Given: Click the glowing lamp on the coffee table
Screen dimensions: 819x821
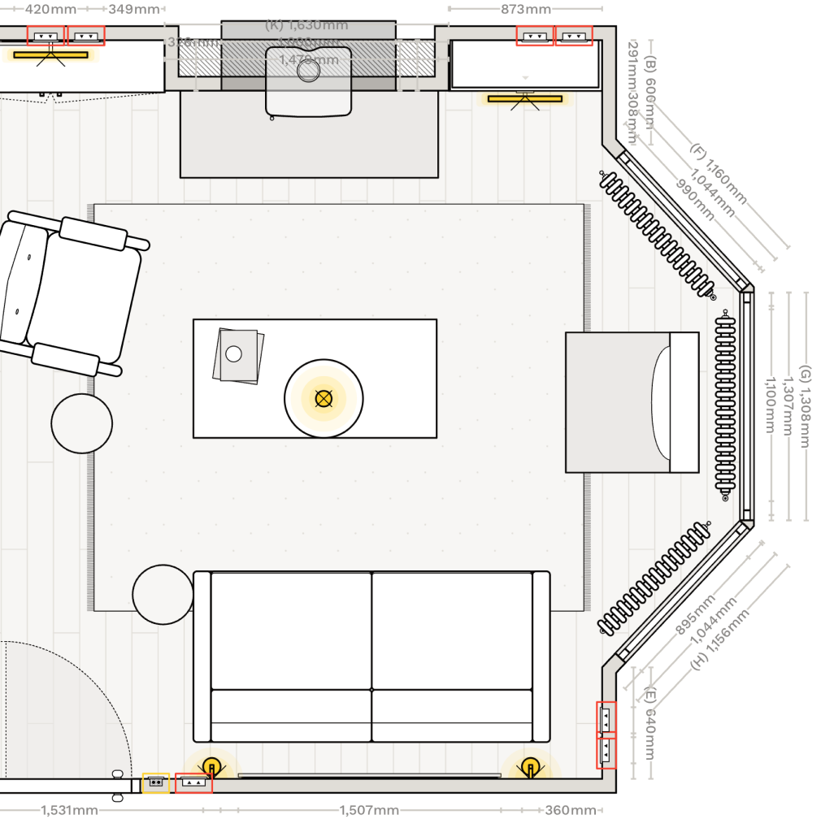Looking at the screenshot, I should click(324, 398).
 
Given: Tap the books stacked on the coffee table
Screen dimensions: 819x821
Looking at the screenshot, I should click(238, 355).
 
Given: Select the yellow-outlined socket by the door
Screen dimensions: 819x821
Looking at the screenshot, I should click(155, 783).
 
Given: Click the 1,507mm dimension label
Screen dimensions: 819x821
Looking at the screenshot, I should click(369, 810).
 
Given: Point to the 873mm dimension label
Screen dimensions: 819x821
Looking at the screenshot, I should click(525, 10).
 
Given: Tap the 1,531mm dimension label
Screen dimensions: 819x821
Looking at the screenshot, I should click(69, 810).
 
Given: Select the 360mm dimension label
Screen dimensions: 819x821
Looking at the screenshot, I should click(571, 810).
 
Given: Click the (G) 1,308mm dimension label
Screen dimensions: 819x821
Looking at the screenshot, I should click(805, 406).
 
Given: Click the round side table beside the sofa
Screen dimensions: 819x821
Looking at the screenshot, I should click(163, 595).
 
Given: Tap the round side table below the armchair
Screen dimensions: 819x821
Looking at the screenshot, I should click(81, 422).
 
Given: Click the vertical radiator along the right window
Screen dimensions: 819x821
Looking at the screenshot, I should click(725, 405).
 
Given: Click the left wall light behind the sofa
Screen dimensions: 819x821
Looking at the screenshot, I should click(211, 765).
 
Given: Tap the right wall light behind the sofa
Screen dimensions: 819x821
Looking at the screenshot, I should click(531, 765).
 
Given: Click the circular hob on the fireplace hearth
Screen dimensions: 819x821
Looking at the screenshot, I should click(308, 71).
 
